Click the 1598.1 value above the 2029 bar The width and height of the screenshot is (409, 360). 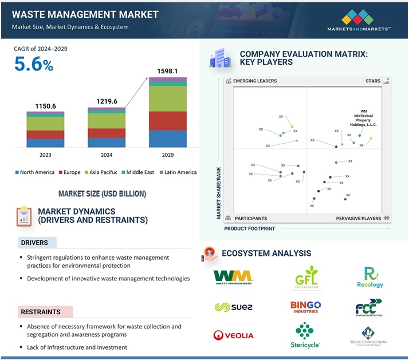point(167,71)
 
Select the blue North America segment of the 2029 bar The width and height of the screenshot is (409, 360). point(167,139)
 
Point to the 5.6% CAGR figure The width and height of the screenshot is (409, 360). point(34,65)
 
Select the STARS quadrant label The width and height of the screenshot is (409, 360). point(372,81)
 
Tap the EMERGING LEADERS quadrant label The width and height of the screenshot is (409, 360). point(254,81)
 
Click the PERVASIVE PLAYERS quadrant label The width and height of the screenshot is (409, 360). point(359,218)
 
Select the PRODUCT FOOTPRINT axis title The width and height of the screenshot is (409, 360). point(249,229)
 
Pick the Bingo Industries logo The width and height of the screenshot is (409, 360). point(305,307)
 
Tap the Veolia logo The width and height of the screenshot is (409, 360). point(233,335)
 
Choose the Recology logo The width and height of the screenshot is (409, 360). point(369,278)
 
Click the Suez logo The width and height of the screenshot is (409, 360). point(233,307)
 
